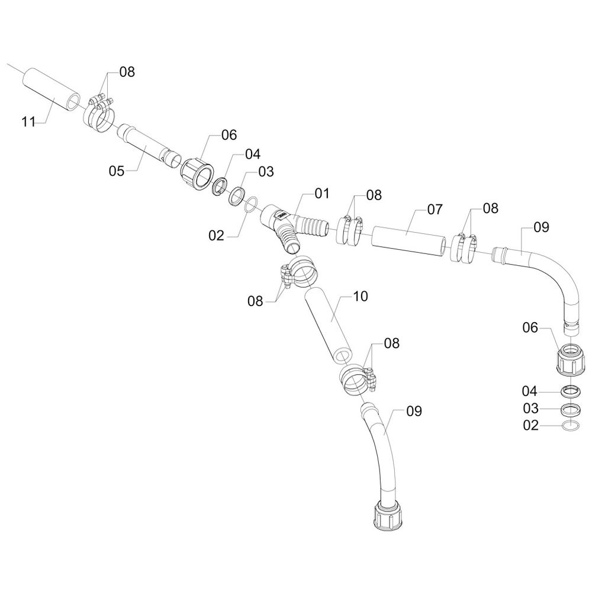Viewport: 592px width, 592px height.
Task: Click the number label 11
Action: [x=28, y=122]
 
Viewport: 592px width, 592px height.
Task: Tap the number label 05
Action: [x=117, y=171]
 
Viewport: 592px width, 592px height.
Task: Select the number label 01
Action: [x=321, y=193]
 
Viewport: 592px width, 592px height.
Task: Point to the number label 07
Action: [x=435, y=209]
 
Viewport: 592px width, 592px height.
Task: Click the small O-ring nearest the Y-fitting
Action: [x=250, y=204]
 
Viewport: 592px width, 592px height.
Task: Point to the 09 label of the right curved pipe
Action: [x=542, y=227]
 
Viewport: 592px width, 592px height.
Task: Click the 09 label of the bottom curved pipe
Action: [x=414, y=411]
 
